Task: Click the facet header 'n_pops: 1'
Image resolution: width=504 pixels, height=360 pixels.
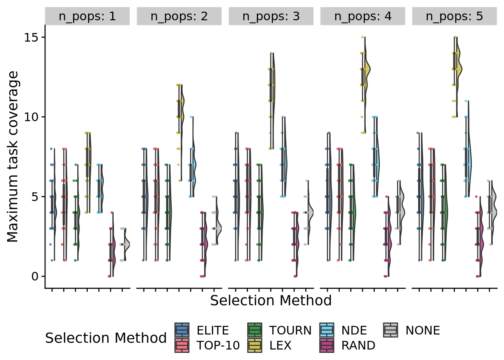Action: tap(87, 16)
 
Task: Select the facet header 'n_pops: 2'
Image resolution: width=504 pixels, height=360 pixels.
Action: tap(179, 16)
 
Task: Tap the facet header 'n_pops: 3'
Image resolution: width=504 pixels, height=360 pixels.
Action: tap(271, 16)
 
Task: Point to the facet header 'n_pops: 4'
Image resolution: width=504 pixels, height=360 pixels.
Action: tap(363, 16)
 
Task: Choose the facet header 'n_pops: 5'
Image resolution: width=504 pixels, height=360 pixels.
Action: tap(454, 16)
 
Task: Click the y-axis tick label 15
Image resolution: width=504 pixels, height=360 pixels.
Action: tap(32, 37)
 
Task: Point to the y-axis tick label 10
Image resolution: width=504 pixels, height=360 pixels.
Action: tap(32, 117)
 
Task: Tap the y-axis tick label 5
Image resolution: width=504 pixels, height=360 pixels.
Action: tap(35, 197)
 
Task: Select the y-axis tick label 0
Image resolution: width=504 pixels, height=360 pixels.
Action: tap(35, 277)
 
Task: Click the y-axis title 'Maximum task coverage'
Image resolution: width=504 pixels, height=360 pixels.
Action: tap(13, 157)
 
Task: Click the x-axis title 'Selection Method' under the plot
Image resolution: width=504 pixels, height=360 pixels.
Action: tap(271, 301)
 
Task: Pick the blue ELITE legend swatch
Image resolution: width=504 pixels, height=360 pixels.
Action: tap(182, 330)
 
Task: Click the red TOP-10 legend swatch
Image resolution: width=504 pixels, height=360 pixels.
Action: tap(182, 345)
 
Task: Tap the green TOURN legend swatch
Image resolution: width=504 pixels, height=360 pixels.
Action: tap(255, 330)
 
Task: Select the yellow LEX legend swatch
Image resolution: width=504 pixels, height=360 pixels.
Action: tap(255, 345)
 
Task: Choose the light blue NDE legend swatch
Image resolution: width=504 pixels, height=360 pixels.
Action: tap(327, 330)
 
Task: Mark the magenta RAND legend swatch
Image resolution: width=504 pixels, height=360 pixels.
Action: tap(327, 345)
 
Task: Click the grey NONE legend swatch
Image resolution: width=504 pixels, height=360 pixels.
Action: tap(391, 330)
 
